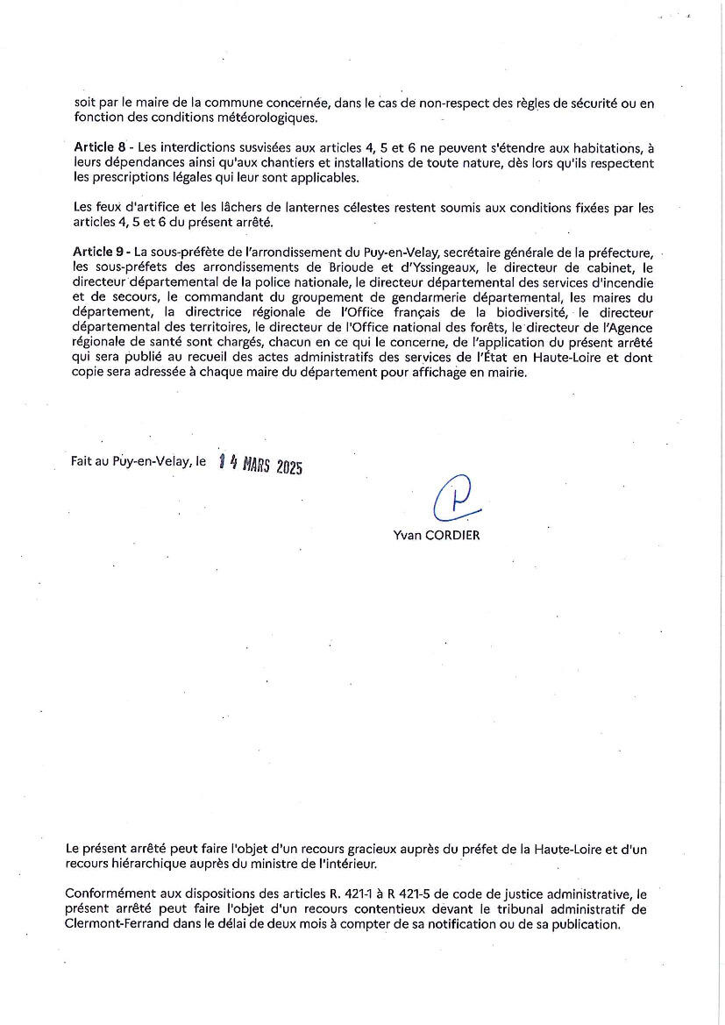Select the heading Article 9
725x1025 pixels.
[98, 252]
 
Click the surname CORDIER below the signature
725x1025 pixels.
[452, 536]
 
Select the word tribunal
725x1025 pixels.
[525, 909]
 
